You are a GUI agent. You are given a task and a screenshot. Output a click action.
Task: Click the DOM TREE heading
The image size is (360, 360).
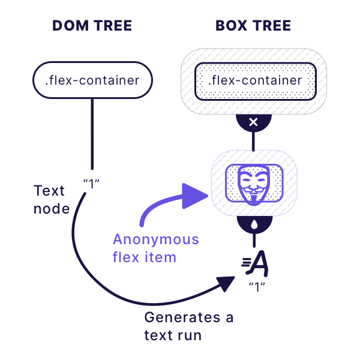tap(92, 26)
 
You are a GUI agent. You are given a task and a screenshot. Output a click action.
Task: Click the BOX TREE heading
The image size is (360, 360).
tap(253, 26)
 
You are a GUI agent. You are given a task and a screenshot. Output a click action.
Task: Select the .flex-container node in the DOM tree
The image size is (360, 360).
tap(92, 80)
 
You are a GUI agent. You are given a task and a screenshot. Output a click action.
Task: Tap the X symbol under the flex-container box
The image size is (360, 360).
tap(253, 122)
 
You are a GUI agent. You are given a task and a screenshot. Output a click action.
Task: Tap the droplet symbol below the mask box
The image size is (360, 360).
tap(253, 224)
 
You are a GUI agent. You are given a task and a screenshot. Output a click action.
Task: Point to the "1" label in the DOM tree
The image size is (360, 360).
tap(91, 182)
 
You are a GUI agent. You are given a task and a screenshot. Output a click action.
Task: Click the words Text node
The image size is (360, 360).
tap(51, 200)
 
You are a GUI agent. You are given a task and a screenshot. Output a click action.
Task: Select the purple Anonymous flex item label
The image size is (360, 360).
tap(155, 248)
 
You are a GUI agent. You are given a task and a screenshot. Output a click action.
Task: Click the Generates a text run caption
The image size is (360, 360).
tap(188, 326)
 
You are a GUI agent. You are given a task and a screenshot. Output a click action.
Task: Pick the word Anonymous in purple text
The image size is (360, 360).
tap(155, 239)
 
